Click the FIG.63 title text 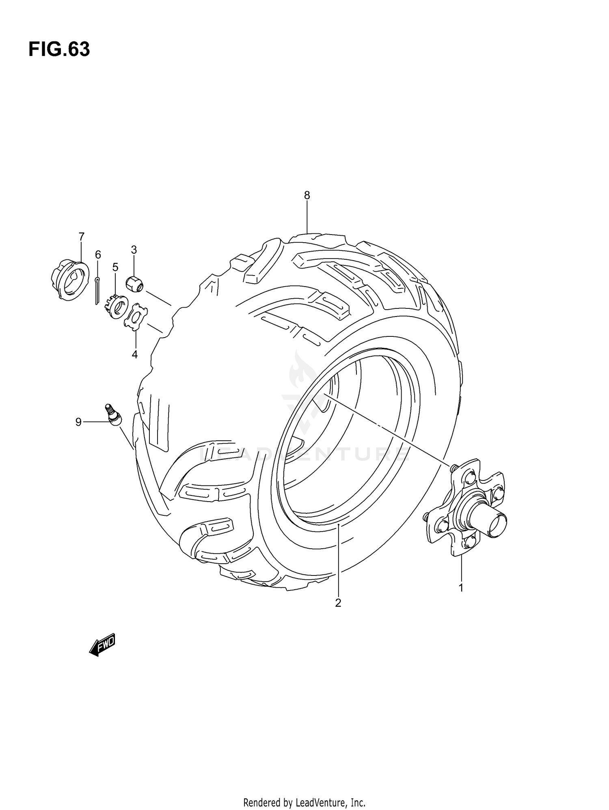(59, 50)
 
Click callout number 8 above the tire (307, 196)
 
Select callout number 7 (81, 236)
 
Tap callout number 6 (98, 255)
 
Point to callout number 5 (115, 267)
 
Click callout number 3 (134, 250)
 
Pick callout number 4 (134, 354)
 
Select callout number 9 (78, 422)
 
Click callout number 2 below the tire (338, 614)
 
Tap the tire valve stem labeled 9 (112, 415)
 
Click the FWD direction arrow (103, 645)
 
